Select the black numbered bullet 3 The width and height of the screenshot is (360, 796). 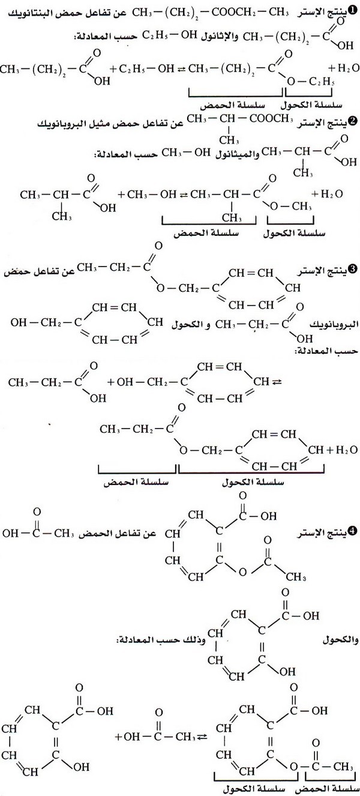pos(353,269)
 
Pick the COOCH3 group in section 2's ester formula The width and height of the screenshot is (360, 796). pos(271,119)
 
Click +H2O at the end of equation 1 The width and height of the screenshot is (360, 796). pos(343,68)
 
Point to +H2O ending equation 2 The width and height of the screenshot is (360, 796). pos(327,194)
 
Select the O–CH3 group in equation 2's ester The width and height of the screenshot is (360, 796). pos(291,207)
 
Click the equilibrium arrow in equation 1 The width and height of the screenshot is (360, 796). pos(182,68)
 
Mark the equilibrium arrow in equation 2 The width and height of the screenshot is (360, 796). pos(183,194)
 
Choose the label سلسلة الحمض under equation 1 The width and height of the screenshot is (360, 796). pos(233,105)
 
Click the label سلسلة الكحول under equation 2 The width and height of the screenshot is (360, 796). pos(295,234)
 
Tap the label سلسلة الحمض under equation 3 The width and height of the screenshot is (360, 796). pos(136,482)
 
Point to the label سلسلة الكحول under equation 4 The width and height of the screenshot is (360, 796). pos(254,789)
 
